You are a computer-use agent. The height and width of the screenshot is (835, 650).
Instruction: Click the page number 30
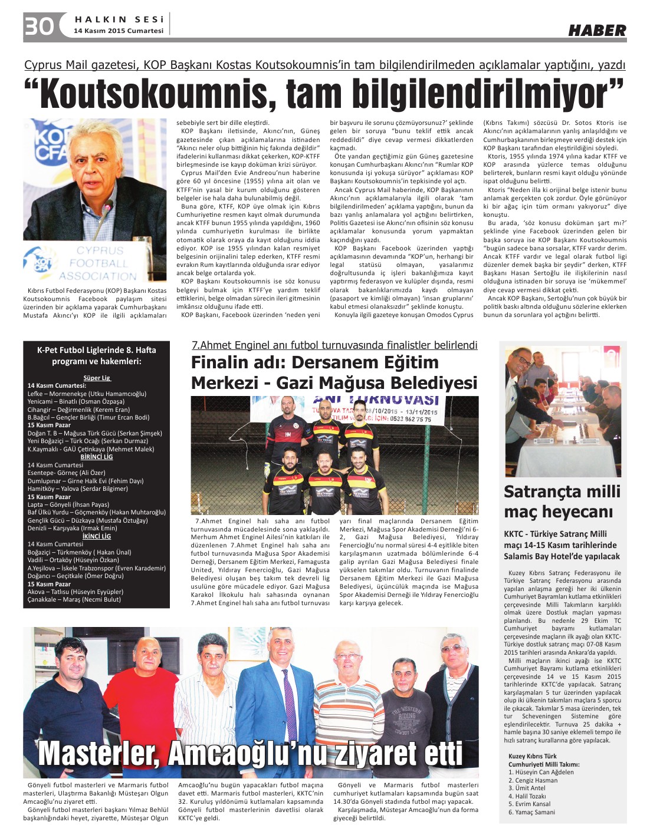tap(39, 27)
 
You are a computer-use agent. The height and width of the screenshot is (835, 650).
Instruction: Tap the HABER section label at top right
tap(597, 30)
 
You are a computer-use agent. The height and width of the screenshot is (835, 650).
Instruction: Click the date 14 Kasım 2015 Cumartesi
tap(118, 31)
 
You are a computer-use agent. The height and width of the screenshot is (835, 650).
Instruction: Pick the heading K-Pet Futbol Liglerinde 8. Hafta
tap(97, 350)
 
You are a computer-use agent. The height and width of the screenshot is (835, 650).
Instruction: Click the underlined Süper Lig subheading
tap(97, 378)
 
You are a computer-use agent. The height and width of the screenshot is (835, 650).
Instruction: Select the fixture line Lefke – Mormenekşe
tap(87, 394)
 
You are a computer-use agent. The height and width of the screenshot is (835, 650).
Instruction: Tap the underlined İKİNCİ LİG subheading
tap(97, 536)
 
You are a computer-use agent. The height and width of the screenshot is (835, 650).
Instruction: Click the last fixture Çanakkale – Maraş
tap(74, 599)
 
